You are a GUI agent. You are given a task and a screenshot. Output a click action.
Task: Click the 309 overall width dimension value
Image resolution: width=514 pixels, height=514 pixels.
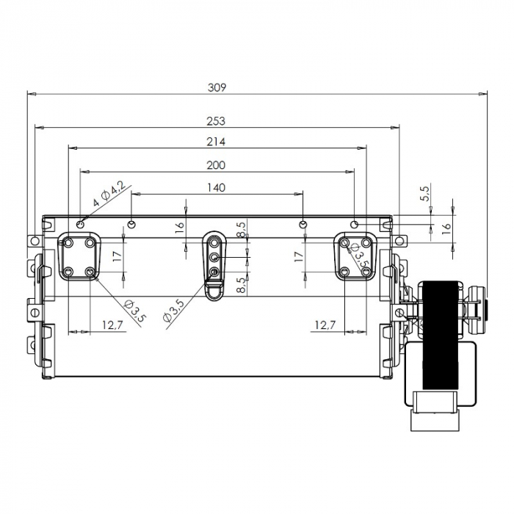217,87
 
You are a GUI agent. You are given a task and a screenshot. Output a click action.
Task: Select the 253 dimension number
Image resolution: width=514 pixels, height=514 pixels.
216,121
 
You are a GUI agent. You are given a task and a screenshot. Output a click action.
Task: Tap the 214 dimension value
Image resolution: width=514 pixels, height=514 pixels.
216,142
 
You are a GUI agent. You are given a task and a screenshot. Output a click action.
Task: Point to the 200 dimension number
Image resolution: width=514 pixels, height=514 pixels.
216,165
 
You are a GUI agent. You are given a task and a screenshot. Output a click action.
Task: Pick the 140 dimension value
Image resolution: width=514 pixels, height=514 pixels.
216,188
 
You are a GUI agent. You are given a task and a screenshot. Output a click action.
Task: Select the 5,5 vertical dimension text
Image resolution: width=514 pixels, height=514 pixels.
424,193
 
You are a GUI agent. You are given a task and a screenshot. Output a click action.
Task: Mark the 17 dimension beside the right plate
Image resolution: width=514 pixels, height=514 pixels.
298,256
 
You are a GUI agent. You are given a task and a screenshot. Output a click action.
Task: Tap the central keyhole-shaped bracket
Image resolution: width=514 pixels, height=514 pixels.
214,264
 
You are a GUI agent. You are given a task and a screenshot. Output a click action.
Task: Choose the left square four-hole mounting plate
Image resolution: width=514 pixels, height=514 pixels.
79,256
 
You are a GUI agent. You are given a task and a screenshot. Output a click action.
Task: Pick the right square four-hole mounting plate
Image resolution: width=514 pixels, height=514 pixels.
355,256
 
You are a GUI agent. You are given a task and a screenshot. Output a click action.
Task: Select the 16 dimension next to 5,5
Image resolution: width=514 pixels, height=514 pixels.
446,228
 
